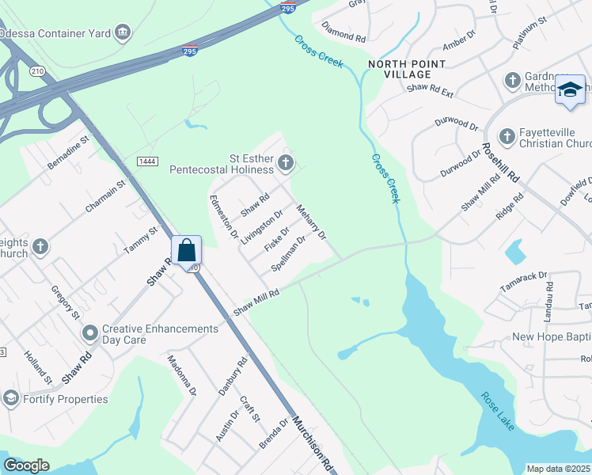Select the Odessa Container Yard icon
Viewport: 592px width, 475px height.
pos(123,32)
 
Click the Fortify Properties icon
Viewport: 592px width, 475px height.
pos(10,398)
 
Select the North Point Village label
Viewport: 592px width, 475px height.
pos(400,69)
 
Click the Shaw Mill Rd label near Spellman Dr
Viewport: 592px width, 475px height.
pos(256,303)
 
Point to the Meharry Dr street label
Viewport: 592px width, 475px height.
pos(311,223)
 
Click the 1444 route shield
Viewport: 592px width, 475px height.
pos(146,161)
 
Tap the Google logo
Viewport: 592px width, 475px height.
pos(27,465)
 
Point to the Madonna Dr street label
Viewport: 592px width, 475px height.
pos(180,374)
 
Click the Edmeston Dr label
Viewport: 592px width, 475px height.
pos(222,216)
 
